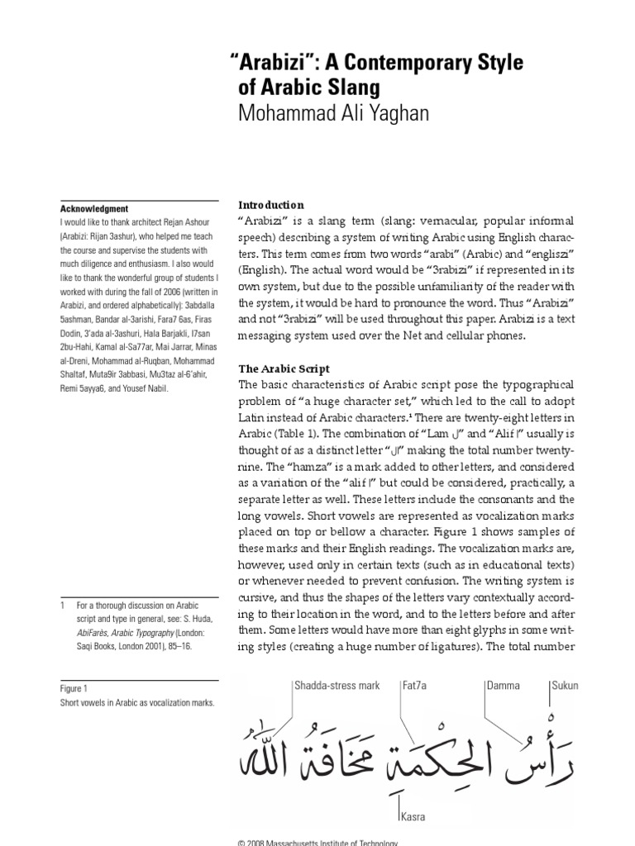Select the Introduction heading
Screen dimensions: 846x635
pyautogui.click(x=271, y=205)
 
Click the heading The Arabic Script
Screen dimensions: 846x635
pyautogui.click(x=284, y=368)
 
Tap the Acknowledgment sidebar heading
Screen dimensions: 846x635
pyautogui.click(x=93, y=209)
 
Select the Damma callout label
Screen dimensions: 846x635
pyautogui.click(x=505, y=686)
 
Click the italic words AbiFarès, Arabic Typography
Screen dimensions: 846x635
pyautogui.click(x=129, y=632)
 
